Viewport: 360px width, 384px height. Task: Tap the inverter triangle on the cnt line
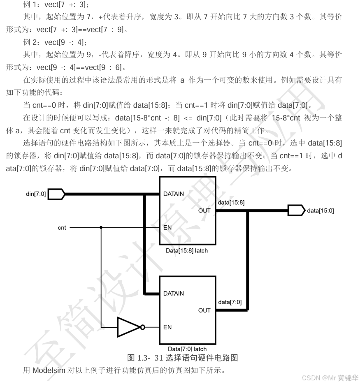pyautogui.click(x=129, y=327)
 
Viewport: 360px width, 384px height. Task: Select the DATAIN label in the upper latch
pyautogui.click(x=173, y=194)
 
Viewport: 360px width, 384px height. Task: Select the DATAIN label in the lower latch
pyautogui.click(x=173, y=294)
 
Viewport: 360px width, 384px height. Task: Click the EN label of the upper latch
pyautogui.click(x=167, y=227)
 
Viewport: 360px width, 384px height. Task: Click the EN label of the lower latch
pyautogui.click(x=167, y=327)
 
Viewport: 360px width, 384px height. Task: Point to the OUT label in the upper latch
pyautogui.click(x=204, y=211)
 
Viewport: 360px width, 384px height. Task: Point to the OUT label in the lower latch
pyautogui.click(x=204, y=310)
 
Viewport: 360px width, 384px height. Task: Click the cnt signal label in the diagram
pyautogui.click(x=62, y=227)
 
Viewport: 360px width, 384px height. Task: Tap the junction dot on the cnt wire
pyautogui.click(x=101, y=227)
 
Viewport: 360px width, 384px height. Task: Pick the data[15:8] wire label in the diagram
pyautogui.click(x=231, y=202)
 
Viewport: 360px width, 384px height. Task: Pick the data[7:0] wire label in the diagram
pyautogui.click(x=230, y=302)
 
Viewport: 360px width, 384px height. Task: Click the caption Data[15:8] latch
pyautogui.click(x=186, y=250)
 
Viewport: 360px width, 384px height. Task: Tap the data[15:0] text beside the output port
pyautogui.click(x=321, y=211)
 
